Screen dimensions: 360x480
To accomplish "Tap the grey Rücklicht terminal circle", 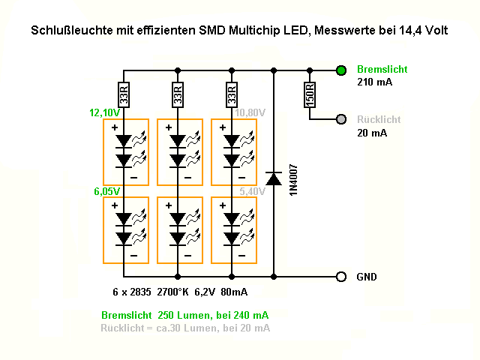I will (x=341, y=119).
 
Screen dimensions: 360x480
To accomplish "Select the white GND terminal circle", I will (x=341, y=277).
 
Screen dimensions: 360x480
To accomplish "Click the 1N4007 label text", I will (x=294, y=181).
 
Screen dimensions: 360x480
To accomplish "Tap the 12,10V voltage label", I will (x=104, y=112).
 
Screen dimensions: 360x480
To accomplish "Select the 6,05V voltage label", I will (x=107, y=191).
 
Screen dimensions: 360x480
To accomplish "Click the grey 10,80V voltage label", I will (x=250, y=112).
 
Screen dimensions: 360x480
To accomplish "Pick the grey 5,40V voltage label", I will (x=252, y=191).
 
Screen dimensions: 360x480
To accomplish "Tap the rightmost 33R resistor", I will (x=232, y=94).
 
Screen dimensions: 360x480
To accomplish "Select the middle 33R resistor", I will (x=178, y=94).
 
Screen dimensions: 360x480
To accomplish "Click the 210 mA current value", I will (x=372, y=82).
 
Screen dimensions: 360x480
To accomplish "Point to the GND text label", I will (x=367, y=277).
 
